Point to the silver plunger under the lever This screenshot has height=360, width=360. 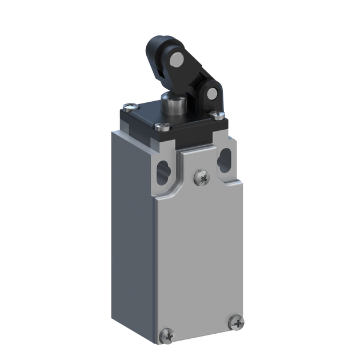(x=169, y=106)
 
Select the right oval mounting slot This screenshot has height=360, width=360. (x=225, y=157)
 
